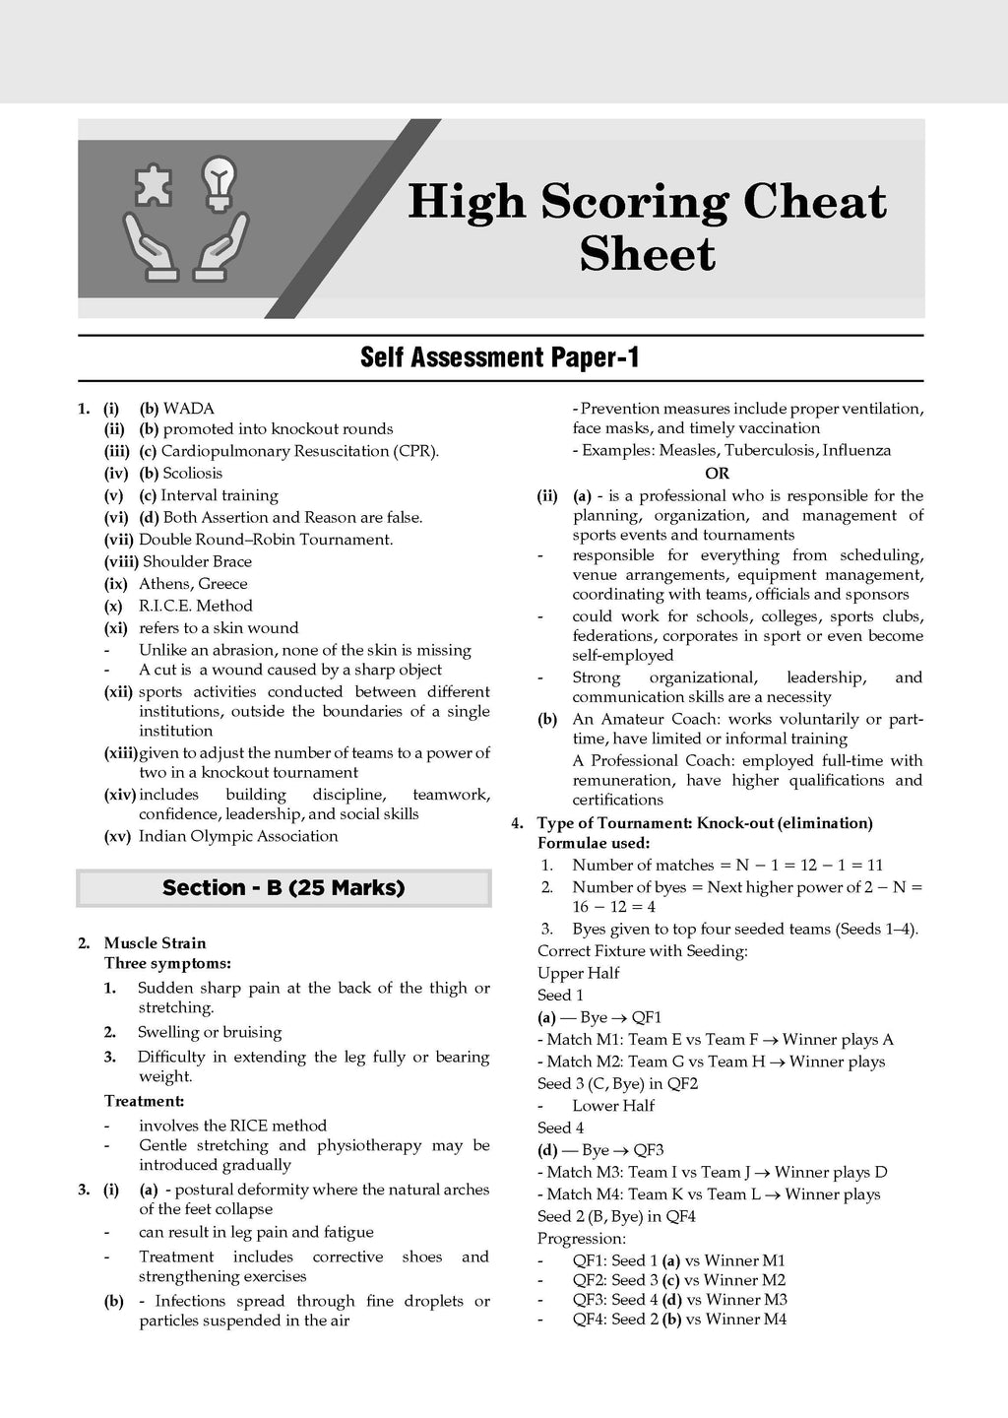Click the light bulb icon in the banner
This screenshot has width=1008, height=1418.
pos(220,184)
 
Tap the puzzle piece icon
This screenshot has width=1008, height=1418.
pos(155,184)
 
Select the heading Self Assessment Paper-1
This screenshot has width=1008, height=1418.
pos(500,356)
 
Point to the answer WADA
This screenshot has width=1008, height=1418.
pos(188,408)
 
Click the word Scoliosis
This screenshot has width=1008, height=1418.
pos(192,473)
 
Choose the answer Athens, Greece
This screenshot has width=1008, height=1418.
pos(193,583)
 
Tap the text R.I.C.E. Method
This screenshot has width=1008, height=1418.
pos(195,606)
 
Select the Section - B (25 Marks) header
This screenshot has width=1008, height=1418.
pos(283,887)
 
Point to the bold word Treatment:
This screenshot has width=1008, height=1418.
pos(144,1101)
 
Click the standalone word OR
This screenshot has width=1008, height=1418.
pos(717,473)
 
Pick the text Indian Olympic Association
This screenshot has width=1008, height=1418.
pos(238,836)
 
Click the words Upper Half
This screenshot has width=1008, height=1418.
pos(579,973)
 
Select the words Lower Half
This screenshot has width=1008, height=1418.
pos(613,1105)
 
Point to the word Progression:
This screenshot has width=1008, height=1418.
pos(582,1238)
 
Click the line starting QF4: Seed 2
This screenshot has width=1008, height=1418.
pos(679,1319)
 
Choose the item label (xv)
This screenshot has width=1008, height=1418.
pos(118,836)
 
